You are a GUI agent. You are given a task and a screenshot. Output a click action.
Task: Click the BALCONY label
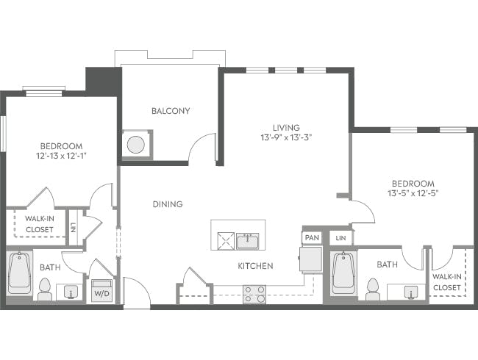tap(171, 112)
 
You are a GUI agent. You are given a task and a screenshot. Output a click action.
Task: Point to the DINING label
tap(168, 204)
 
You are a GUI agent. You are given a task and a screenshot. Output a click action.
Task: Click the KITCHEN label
tap(255, 266)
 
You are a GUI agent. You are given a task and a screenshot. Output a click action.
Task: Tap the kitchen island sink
tap(247, 240)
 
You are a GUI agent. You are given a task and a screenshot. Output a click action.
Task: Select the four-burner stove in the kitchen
tap(255, 294)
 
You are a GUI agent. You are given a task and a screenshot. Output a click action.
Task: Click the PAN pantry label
tap(311, 238)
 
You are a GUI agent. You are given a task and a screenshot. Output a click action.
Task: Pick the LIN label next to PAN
tap(340, 238)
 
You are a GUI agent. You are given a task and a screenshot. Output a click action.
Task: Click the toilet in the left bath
tap(44, 289)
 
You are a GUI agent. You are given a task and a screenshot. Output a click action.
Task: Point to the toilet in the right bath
tap(371, 289)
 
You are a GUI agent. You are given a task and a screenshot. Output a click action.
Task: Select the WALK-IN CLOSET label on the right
tap(447, 282)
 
